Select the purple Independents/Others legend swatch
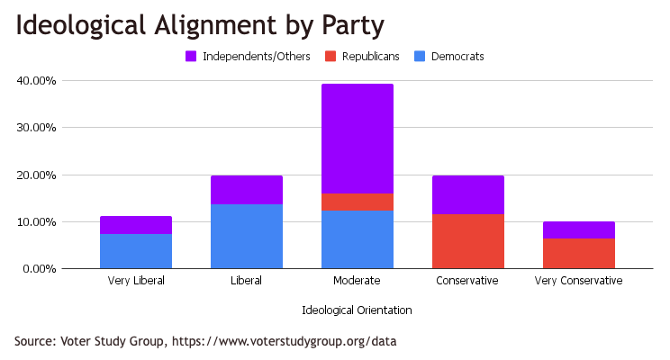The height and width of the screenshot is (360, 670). [x=191, y=57]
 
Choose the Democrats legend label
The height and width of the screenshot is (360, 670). [x=457, y=57]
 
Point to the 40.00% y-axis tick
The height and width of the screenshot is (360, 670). [x=37, y=81]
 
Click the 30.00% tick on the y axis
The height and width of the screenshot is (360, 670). [x=37, y=128]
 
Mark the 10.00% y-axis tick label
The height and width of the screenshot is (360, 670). [x=37, y=221]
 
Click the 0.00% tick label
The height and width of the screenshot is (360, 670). [x=40, y=268]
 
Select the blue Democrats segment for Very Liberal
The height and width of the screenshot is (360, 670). [x=136, y=251]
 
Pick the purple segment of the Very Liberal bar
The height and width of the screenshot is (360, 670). [x=136, y=225]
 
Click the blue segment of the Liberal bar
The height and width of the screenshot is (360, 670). [x=247, y=237]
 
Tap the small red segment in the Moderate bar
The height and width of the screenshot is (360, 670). [x=358, y=202]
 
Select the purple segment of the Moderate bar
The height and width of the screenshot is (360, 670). [x=358, y=139]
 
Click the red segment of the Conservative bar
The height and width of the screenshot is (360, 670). [x=468, y=241]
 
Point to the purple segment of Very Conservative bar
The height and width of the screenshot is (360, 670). [x=579, y=229]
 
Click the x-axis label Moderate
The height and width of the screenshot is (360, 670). [x=358, y=281]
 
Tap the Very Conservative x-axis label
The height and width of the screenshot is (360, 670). [x=579, y=281]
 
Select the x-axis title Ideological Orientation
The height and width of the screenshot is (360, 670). [x=358, y=310]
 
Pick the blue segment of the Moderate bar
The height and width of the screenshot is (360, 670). [x=358, y=239]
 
